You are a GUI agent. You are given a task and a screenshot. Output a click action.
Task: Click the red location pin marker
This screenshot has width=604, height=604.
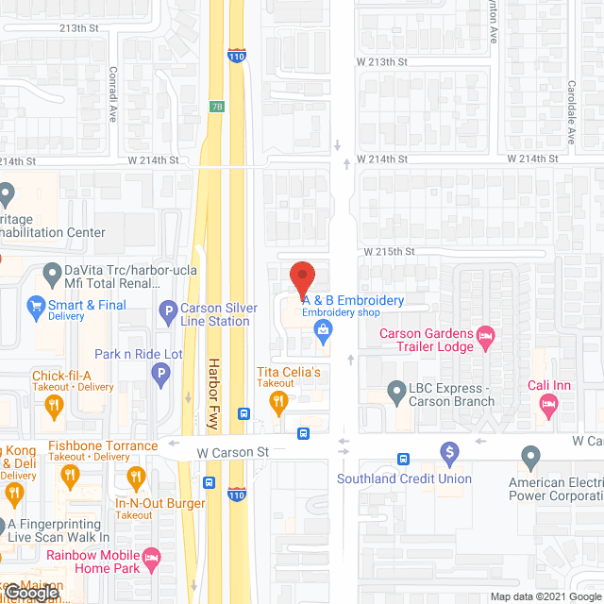coord(302,278)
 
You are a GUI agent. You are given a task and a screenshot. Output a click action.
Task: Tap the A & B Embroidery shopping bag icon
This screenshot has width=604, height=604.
coord(324,329)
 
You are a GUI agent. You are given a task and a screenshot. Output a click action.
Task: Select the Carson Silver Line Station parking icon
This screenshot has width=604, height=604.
coord(168,310)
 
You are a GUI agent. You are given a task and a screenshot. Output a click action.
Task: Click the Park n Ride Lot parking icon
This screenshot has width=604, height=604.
coord(161,376)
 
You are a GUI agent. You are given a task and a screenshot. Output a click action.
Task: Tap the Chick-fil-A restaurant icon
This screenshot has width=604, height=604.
coord(53,406)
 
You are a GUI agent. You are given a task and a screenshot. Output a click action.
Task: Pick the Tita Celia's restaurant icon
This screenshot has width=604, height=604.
coord(278,403)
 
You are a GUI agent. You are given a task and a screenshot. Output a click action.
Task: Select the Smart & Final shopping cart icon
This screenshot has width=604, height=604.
coord(36,305)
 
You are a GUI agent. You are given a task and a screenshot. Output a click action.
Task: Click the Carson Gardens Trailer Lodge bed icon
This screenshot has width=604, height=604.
coord(486,336)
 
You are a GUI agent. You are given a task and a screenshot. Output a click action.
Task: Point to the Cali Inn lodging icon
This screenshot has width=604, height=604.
coord(547,404)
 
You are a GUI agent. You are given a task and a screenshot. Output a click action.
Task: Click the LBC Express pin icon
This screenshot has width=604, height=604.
coord(397,391)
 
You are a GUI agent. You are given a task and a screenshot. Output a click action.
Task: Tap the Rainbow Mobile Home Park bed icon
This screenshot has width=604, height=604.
coord(149,562)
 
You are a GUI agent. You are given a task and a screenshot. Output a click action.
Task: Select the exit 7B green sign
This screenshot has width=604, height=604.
coord(217,107)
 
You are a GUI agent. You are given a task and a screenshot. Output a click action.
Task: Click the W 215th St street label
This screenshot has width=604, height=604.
coord(391,252)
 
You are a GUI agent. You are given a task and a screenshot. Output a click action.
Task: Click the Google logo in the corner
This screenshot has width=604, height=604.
coord(31,592)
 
